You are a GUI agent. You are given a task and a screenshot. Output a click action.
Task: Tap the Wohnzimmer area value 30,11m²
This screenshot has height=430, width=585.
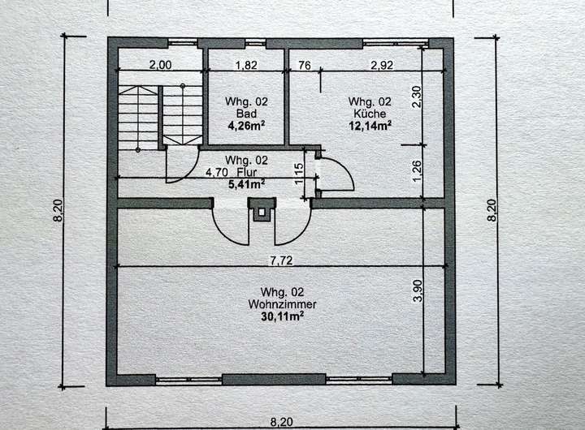[x=282, y=316]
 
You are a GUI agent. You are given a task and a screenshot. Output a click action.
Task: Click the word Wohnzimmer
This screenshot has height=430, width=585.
[x=282, y=303]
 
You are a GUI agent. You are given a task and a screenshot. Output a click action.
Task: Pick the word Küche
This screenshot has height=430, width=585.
[x=370, y=114]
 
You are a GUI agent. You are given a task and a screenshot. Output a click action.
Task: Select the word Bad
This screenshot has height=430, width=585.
[x=246, y=114]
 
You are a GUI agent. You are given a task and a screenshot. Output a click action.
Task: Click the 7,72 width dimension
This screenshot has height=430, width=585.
[x=280, y=260]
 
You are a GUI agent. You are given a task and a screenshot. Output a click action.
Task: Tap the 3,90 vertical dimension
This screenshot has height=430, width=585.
[x=418, y=291]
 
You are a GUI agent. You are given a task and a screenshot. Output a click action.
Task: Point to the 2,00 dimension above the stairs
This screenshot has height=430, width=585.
[x=159, y=65]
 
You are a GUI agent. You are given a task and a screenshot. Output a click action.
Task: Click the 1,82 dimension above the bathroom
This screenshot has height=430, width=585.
[x=247, y=65]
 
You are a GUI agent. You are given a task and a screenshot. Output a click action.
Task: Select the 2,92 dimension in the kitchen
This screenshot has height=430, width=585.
[x=381, y=65]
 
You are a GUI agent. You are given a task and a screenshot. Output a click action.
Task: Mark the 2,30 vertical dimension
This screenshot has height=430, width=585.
[x=418, y=97]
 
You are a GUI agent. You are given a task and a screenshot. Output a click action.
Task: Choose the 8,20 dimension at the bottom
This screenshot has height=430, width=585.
[x=280, y=421]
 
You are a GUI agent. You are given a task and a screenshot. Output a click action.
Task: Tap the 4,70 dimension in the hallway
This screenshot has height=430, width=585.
[x=215, y=172]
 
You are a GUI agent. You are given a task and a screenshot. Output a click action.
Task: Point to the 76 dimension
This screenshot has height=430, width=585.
[x=303, y=65]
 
